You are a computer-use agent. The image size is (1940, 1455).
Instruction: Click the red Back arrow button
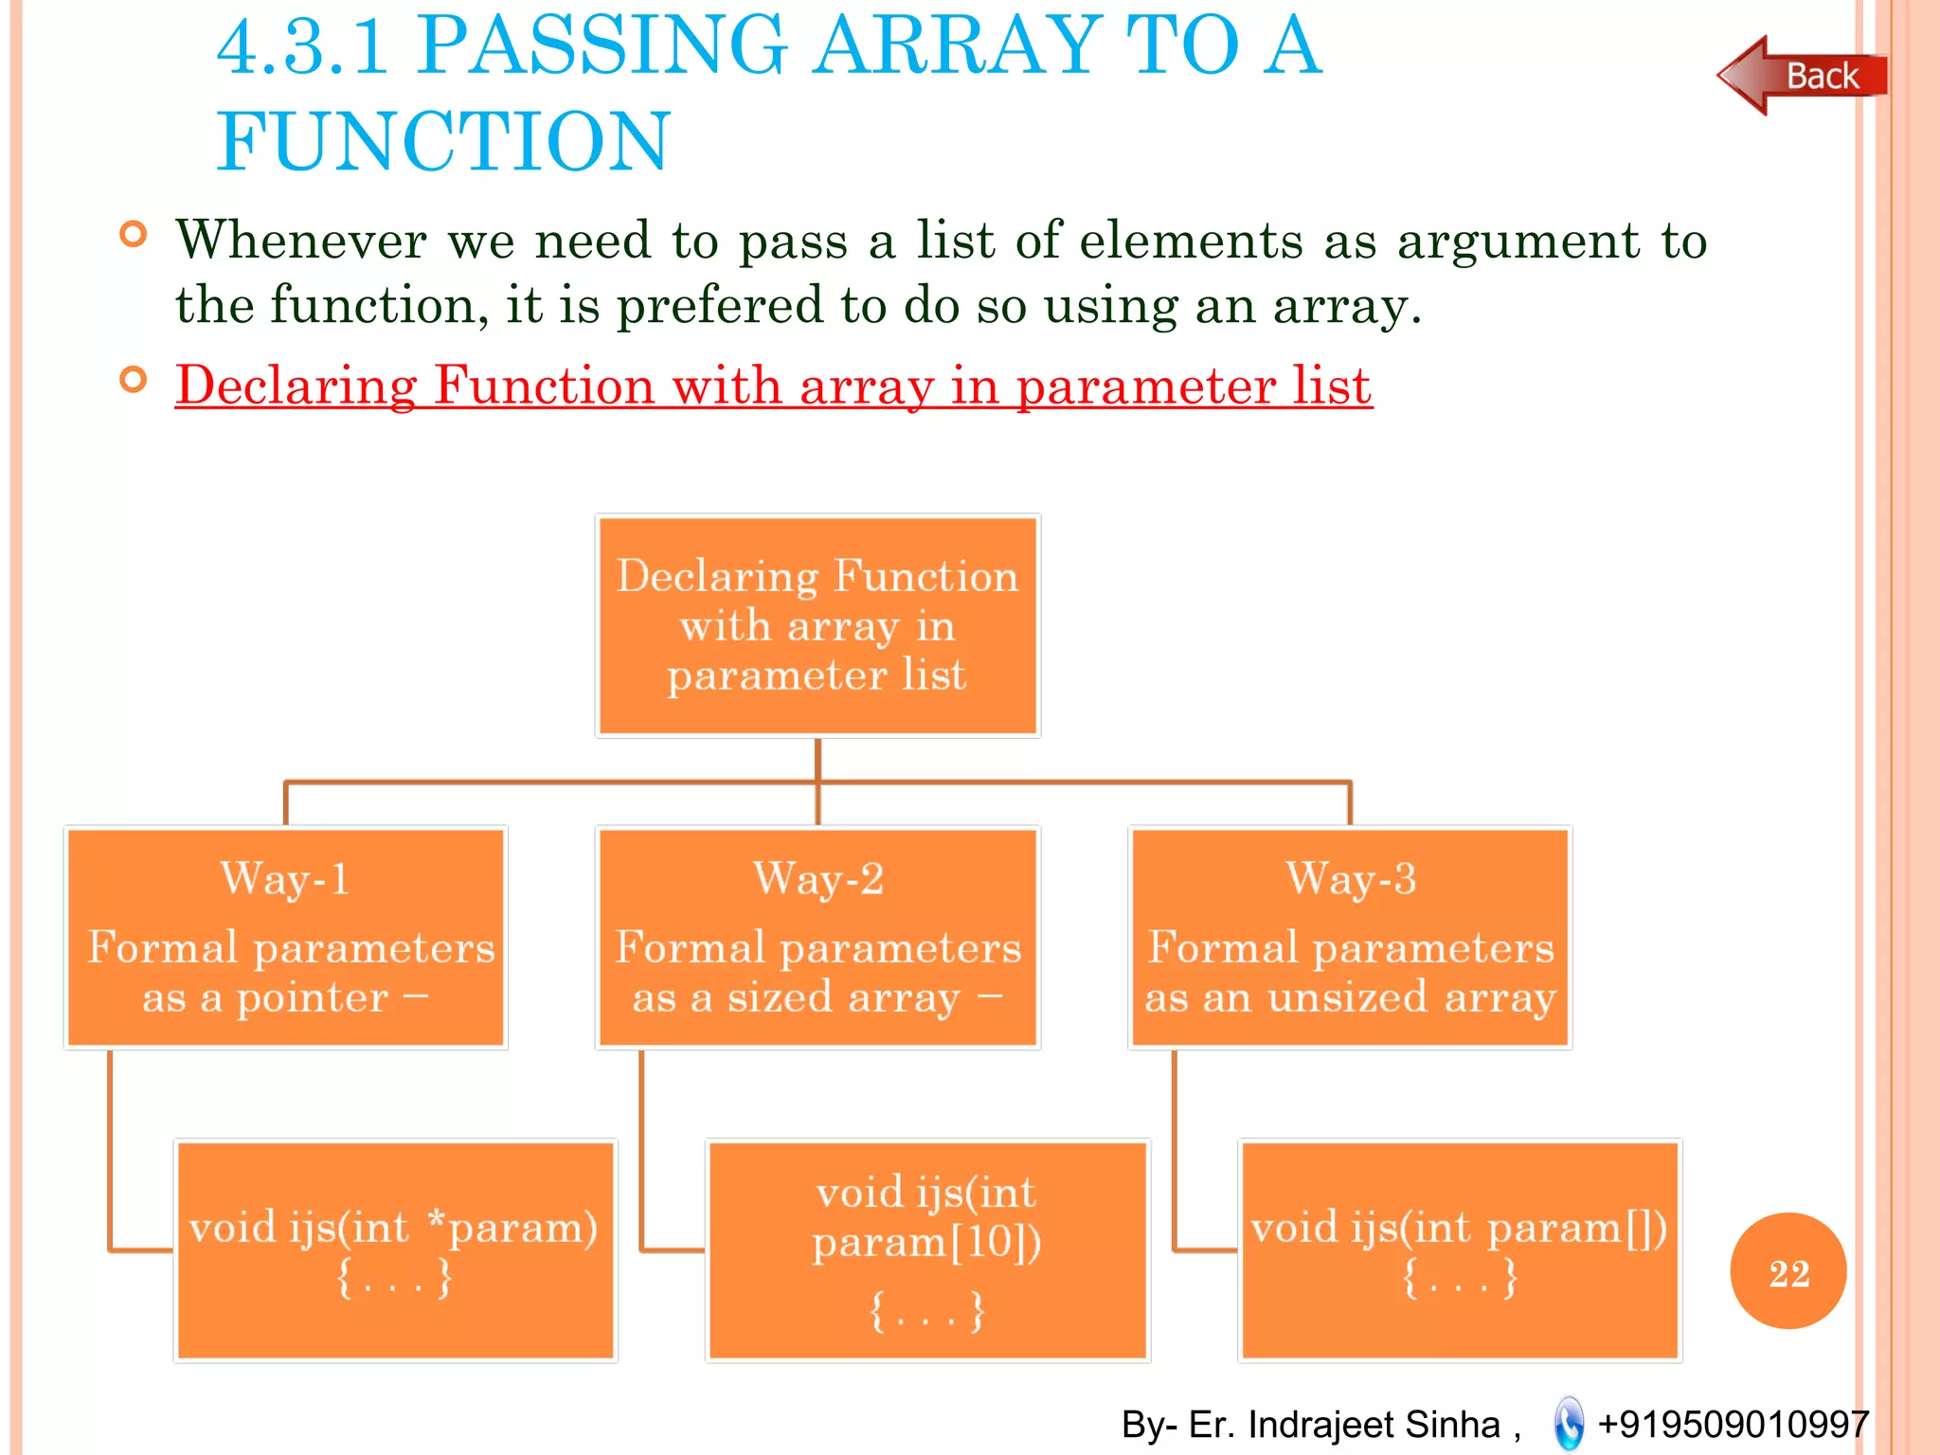1800,76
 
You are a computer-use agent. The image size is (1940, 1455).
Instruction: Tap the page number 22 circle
1787,1271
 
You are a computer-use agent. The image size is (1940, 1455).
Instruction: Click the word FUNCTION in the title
443,141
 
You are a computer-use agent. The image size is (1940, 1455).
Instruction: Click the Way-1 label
285,878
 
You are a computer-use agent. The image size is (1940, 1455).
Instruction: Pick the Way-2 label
817,878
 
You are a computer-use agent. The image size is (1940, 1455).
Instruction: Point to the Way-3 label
1350,878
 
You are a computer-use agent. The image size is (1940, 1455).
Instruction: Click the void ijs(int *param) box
395,1250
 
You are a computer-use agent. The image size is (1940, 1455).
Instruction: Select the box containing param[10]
927,1250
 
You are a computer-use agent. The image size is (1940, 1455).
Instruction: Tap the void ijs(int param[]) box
1459,1250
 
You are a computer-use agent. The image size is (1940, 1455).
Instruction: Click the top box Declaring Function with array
817,625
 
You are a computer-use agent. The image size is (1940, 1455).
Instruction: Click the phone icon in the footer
1569,1424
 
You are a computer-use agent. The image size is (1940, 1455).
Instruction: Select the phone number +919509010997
1733,1424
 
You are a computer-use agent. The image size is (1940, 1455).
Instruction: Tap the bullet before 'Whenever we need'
134,234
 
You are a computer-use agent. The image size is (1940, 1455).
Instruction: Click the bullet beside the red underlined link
134,380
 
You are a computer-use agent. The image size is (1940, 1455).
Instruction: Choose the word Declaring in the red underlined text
296,386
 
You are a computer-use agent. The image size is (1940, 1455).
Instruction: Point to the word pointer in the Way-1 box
312,997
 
